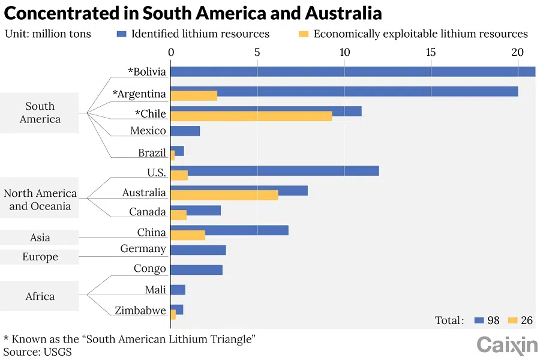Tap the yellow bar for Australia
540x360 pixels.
[224, 195]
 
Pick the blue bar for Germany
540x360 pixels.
[198, 250]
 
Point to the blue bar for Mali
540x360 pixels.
[178, 290]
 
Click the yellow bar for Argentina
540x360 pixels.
[194, 95]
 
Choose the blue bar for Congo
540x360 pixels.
[196, 269]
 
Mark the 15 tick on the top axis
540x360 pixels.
[431, 52]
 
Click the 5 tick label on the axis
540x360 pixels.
[257, 52]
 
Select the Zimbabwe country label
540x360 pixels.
[140, 310]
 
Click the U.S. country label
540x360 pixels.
[156, 173]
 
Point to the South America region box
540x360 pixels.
[40, 113]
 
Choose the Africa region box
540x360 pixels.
[40, 296]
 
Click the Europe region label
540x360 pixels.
[40, 257]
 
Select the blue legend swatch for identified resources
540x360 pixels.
[121, 34]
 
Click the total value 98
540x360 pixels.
[493, 320]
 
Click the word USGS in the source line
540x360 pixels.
[58, 352]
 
